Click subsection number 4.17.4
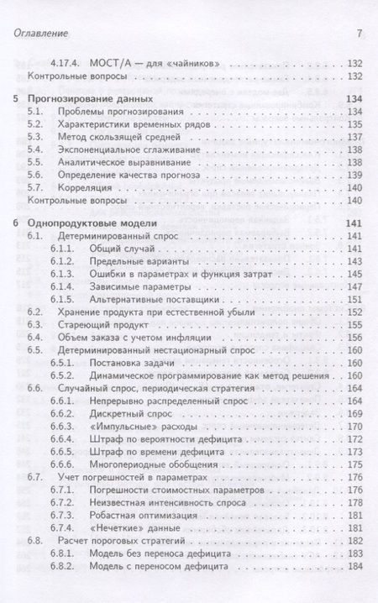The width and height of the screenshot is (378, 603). point(68,64)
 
